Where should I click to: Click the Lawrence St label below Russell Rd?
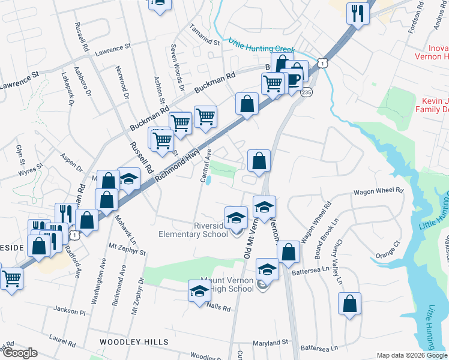click(112, 48)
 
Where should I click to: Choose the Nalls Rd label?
click(218, 308)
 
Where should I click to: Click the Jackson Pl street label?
click(70, 311)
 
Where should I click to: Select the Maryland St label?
click(269, 343)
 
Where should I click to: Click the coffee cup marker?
click(292, 80)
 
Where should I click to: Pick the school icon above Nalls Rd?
click(199, 292)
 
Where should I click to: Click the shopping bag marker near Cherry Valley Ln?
click(349, 304)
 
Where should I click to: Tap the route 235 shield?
click(307, 92)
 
